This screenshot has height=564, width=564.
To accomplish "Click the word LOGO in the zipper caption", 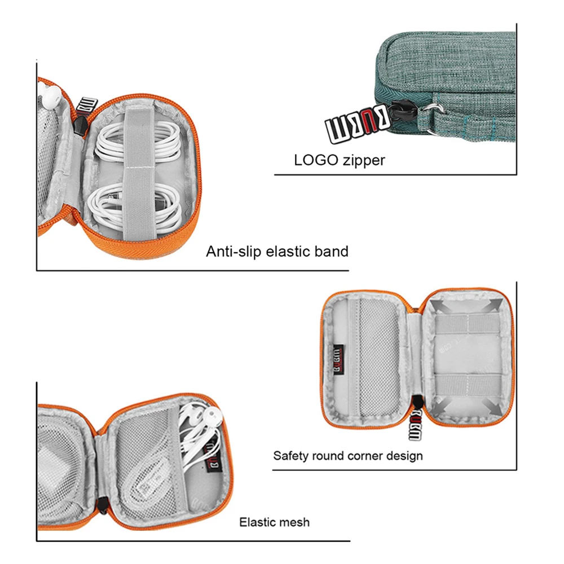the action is (316, 160).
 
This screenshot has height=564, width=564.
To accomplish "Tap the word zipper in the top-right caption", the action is (364, 161).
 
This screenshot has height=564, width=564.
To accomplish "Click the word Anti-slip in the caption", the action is (233, 252).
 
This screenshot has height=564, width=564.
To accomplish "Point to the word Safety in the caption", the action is (291, 456).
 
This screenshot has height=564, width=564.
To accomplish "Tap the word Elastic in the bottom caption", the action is (255, 522).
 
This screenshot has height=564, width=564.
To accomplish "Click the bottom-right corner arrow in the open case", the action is (491, 407).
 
